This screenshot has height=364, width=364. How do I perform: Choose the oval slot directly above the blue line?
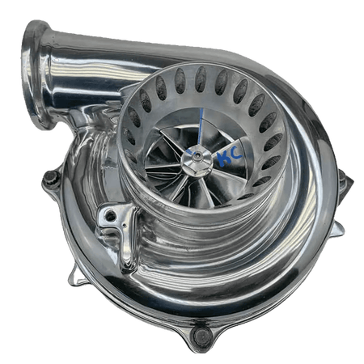coord(200,78)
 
